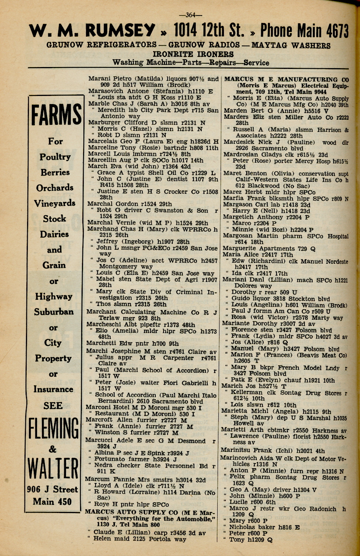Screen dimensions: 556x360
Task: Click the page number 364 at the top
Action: coord(190,15)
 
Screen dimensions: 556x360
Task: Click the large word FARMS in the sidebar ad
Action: coord(56,115)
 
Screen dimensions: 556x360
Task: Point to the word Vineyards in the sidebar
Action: coord(55,203)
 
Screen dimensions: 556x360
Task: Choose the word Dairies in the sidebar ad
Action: coord(55,234)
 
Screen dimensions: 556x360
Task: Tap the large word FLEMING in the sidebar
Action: coord(54,429)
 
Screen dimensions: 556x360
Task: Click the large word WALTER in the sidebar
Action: coord(54,469)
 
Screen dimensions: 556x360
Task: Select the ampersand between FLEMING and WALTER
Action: coord(53,449)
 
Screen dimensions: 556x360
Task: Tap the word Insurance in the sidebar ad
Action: coord(53,389)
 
